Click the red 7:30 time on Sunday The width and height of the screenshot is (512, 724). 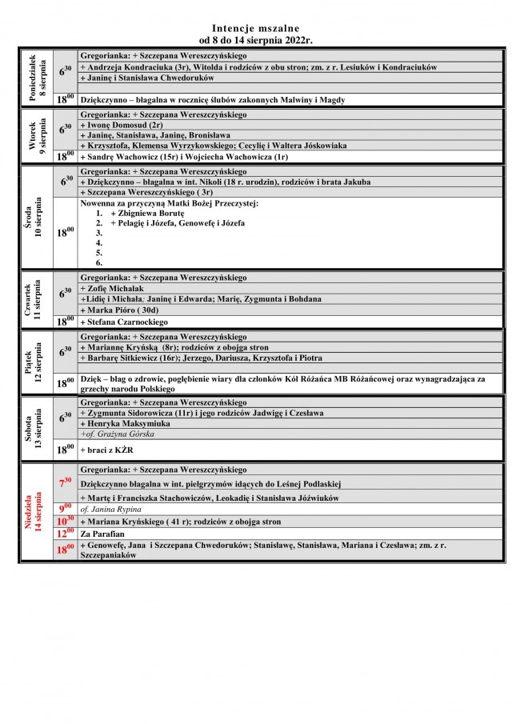pos(66,482)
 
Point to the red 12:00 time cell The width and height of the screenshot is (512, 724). pos(66,533)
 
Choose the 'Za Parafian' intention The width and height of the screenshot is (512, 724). pos(102,533)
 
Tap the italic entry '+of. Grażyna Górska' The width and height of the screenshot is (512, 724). pos(118,434)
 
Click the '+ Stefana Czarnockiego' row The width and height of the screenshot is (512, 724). pos(124,322)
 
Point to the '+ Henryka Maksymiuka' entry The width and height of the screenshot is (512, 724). pos(126,423)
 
